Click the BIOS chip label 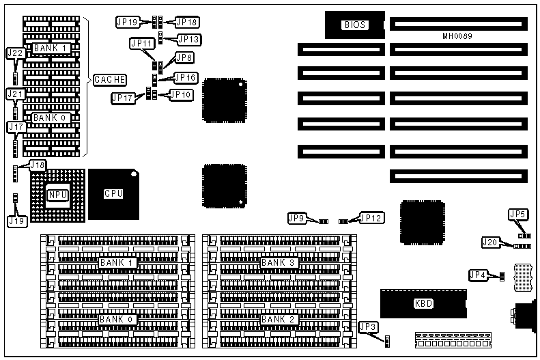pos(355,25)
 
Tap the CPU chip pos(113,194)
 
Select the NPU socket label pos(57,195)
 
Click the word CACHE pos(110,80)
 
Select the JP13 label pos(188,39)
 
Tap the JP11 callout pos(141,44)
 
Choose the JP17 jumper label pos(123,98)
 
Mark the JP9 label pos(296,219)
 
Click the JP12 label pos(372,219)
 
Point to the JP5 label pos(518,214)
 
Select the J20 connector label pos(490,242)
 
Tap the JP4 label pos(478,275)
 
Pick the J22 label pos(15,53)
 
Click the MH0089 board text pos(457,36)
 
